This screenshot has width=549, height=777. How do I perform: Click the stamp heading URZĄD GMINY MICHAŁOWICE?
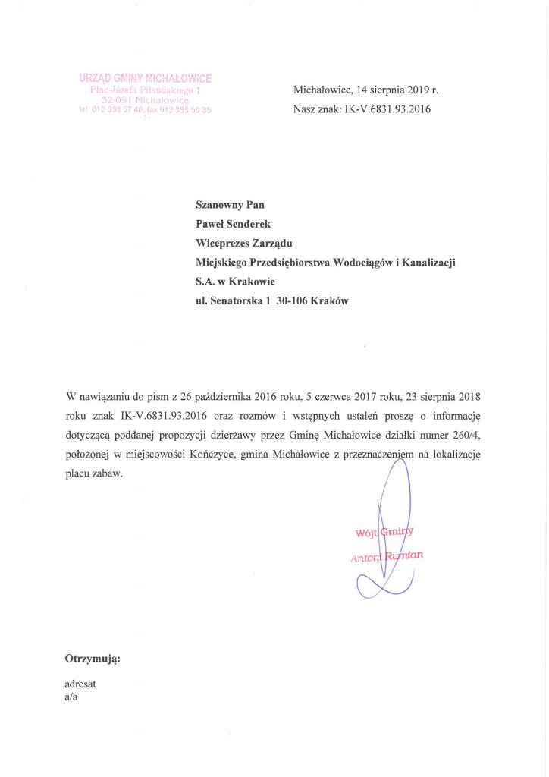click(x=146, y=78)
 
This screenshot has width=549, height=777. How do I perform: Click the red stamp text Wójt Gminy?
click(x=384, y=533)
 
